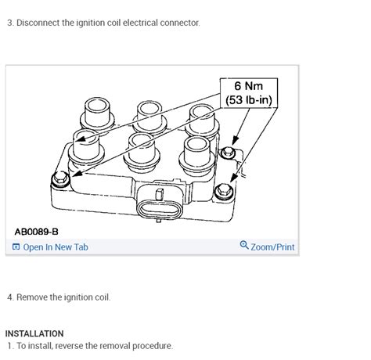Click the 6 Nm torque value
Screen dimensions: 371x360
[248, 86]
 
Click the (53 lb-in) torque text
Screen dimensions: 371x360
[249, 100]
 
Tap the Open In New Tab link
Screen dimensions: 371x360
[56, 247]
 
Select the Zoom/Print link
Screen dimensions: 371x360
[272, 247]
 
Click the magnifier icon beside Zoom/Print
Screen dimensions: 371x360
[244, 245]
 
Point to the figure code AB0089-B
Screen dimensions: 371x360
[36, 232]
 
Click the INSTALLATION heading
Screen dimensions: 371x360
[34, 333]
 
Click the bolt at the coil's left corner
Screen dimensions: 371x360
[60, 179]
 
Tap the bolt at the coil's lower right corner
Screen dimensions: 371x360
[224, 191]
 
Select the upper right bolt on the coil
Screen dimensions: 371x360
[228, 152]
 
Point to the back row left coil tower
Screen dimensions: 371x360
[97, 113]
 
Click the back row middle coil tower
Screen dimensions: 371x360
[149, 117]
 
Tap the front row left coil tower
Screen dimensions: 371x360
[86, 147]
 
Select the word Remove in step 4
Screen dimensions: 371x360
[32, 297]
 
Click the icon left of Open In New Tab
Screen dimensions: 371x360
[16, 247]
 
